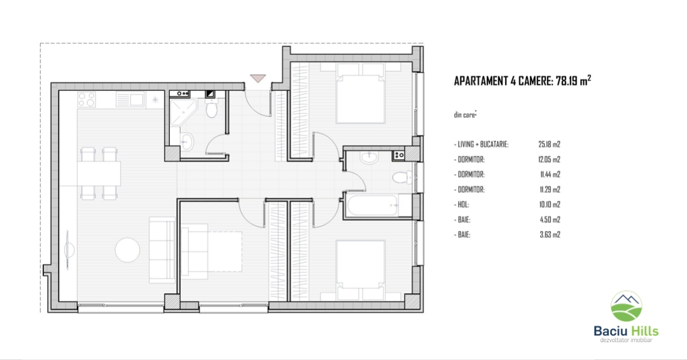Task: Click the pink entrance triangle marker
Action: point(258,78)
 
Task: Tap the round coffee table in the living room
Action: point(127,250)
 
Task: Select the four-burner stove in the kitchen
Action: point(87,99)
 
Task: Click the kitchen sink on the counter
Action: point(130,99)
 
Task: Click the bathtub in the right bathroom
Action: point(373,205)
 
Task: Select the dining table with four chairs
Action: point(99,174)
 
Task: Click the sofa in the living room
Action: point(162,249)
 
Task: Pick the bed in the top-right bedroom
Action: point(360,93)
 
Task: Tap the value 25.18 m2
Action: point(550,144)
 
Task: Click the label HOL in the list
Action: point(462,205)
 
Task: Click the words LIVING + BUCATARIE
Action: point(483,144)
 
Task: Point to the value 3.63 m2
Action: point(550,235)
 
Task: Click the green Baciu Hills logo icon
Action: point(627,306)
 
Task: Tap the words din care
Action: point(464,114)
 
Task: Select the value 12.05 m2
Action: point(550,160)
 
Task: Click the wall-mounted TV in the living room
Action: point(68,250)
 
